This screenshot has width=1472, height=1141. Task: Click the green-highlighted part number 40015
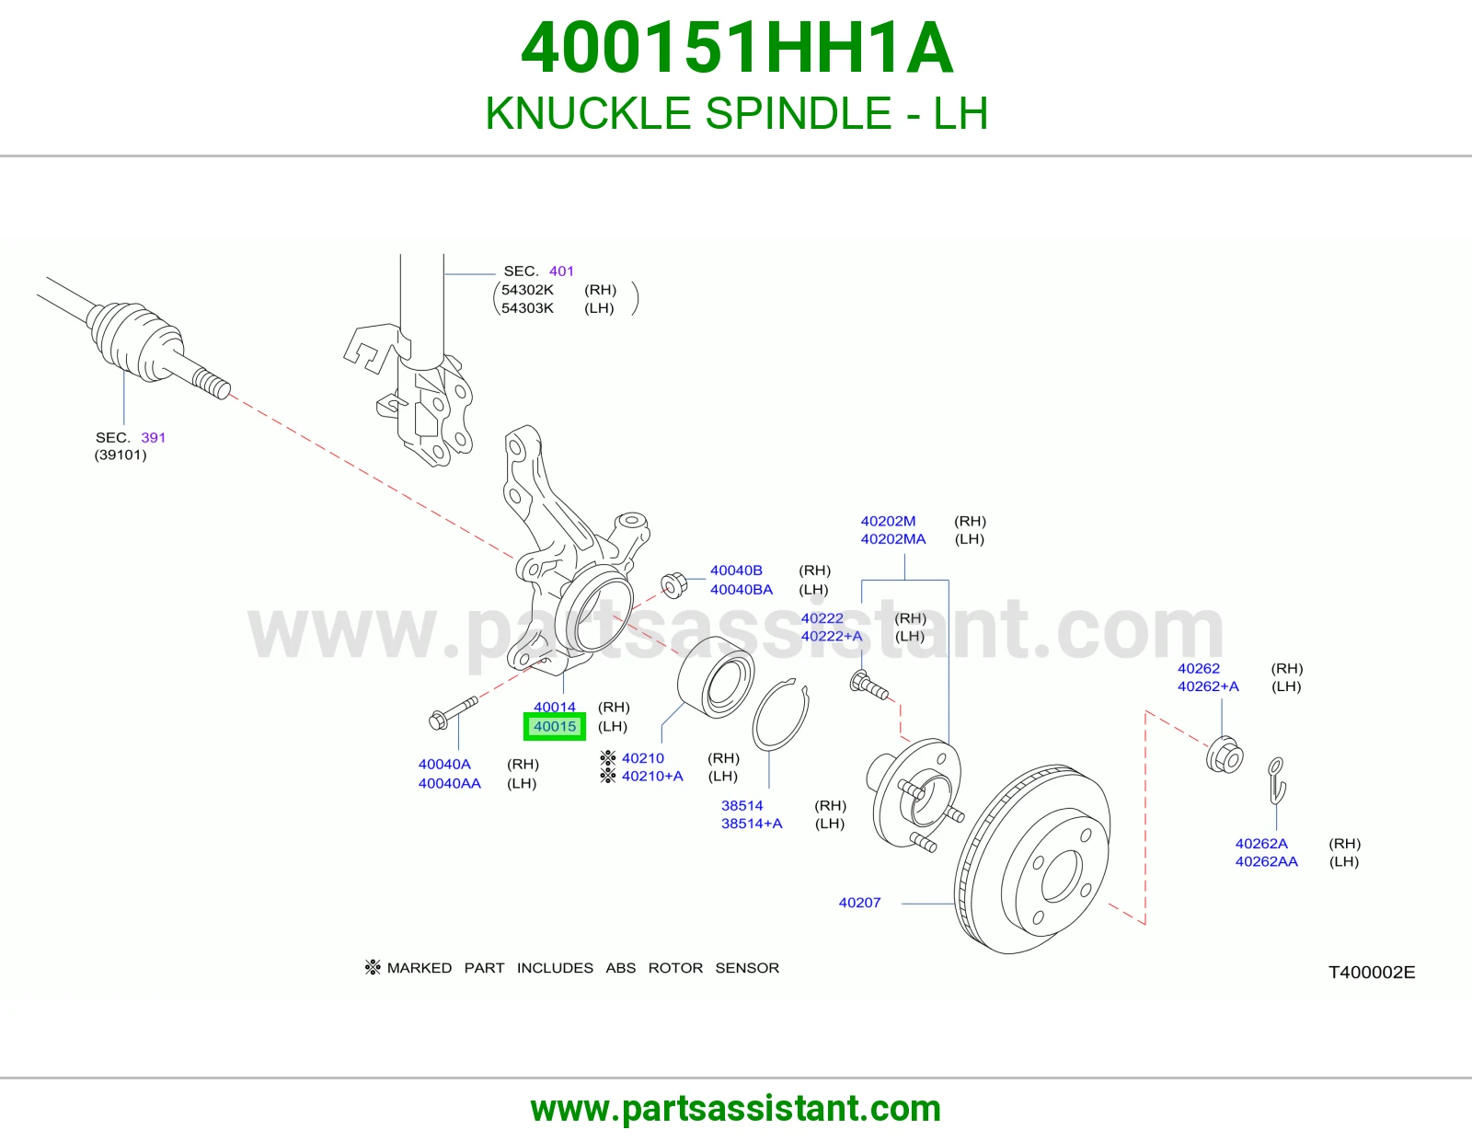click(x=554, y=726)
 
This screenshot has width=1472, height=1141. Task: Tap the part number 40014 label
click(x=554, y=707)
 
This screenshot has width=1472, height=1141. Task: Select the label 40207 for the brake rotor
click(x=859, y=903)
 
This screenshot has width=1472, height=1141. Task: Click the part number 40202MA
click(x=892, y=538)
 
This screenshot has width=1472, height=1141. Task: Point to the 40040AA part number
click(x=449, y=783)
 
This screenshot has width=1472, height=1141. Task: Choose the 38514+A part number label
click(x=752, y=824)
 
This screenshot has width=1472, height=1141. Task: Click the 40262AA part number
click(x=1266, y=861)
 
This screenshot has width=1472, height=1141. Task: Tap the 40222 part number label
click(x=822, y=618)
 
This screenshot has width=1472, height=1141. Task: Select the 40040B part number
click(x=736, y=570)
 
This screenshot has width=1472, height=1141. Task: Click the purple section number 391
click(x=153, y=438)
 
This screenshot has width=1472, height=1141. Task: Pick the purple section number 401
click(x=561, y=271)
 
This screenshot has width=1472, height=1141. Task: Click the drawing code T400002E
click(x=1372, y=973)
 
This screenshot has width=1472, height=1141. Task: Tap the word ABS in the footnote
click(x=620, y=967)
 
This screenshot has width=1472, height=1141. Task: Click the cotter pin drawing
click(x=1277, y=780)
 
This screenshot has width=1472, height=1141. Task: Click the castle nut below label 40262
click(x=1225, y=755)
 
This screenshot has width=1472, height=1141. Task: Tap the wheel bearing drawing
click(x=716, y=677)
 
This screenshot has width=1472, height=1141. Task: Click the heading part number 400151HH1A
click(x=737, y=48)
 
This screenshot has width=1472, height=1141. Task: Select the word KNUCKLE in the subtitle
click(x=587, y=113)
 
